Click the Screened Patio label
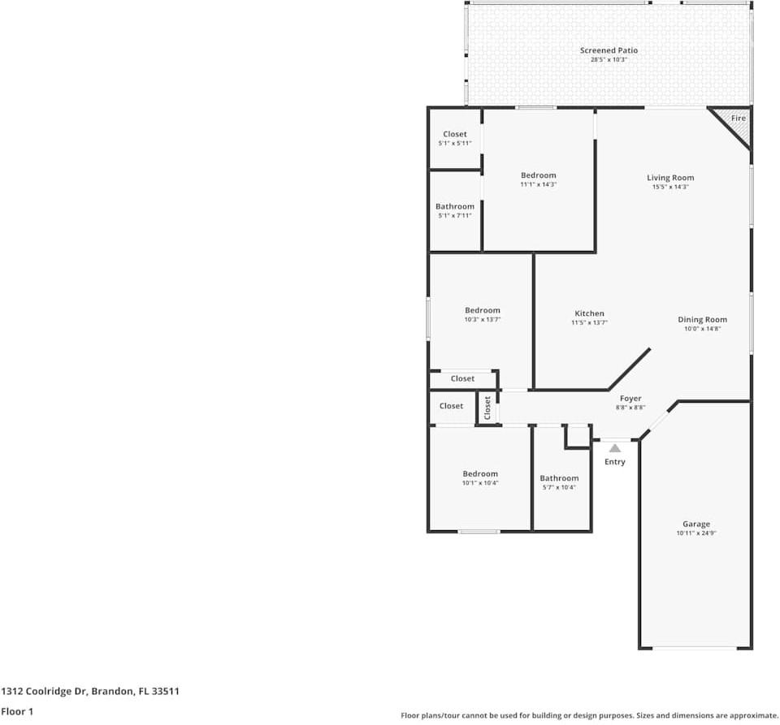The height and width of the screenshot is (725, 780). [609, 50]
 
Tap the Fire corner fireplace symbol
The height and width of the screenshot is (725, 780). [736, 121]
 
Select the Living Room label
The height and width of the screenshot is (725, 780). [670, 178]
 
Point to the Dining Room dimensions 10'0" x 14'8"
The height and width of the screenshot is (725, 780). [702, 329]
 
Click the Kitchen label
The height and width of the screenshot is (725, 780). [589, 313]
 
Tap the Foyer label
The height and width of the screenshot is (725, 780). [630, 399]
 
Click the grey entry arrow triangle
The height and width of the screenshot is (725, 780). [615, 447]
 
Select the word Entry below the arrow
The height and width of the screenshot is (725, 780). [615, 462]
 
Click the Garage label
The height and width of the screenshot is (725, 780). [695, 524]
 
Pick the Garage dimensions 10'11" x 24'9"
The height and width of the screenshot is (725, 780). [695, 533]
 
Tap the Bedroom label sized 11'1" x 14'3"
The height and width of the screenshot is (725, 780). [538, 175]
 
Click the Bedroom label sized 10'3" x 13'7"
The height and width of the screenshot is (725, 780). [482, 310]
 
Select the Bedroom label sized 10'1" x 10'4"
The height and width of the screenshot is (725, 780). [480, 474]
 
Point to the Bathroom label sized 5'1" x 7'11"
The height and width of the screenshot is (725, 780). [454, 207]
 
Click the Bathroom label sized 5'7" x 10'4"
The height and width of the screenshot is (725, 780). [559, 478]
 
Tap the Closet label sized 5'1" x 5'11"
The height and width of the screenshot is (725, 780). [455, 134]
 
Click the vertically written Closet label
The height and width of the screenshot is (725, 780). [487, 408]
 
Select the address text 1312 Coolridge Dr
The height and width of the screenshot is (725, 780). [44, 692]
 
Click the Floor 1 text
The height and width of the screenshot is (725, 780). [18, 711]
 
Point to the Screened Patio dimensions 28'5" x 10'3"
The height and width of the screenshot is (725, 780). [609, 59]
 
